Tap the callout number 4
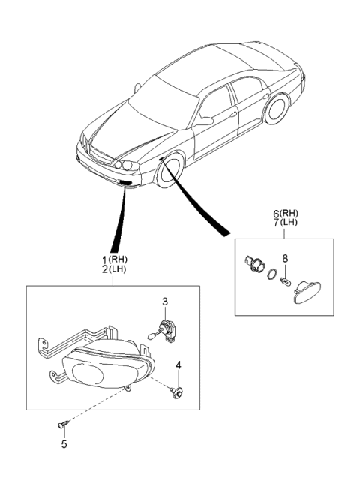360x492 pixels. pos(178,366)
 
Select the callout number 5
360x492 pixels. pos(64,444)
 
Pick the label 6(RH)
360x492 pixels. pos(283,214)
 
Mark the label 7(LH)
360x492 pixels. pos(283,223)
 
